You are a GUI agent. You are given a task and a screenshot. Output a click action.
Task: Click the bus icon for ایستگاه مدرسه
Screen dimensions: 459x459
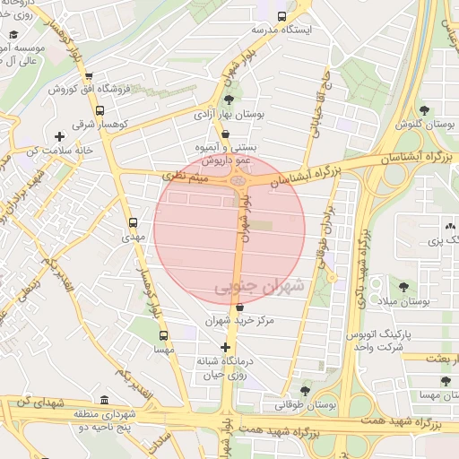(282, 16)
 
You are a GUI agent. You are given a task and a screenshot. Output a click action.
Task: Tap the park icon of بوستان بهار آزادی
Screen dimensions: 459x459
(229, 99)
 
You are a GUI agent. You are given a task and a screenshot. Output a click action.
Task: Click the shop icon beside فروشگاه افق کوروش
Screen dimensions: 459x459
(102, 77)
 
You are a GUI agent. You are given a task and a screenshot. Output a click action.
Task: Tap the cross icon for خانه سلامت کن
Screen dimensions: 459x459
(59, 137)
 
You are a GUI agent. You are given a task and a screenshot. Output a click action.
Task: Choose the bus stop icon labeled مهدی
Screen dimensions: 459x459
(134, 222)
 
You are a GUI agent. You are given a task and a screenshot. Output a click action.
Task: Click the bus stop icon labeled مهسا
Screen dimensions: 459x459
(163, 335)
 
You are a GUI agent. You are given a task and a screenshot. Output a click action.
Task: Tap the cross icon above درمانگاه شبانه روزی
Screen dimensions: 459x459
(225, 347)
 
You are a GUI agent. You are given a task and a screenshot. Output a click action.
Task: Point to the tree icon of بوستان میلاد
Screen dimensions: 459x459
(402, 287)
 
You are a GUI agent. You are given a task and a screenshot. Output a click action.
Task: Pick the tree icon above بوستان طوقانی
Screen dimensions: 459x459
(307, 391)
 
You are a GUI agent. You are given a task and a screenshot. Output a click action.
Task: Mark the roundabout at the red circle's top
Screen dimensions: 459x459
(238, 183)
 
